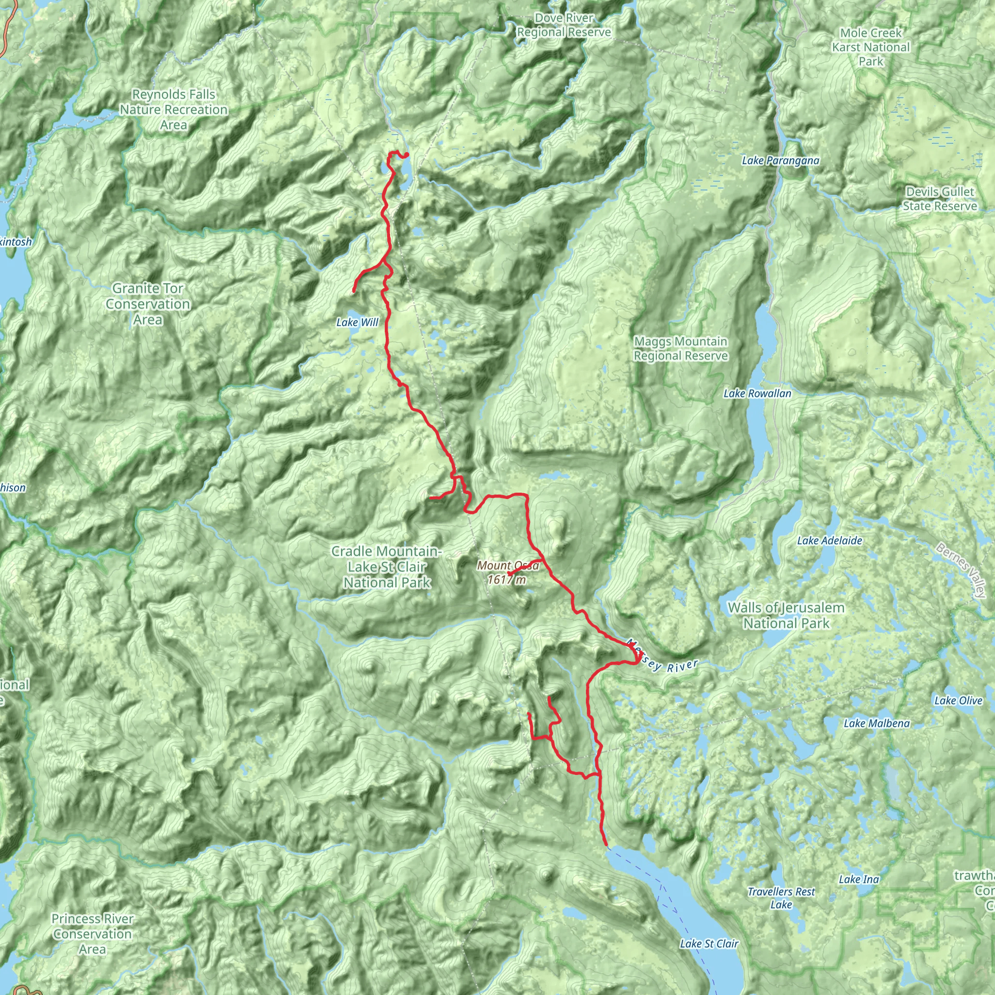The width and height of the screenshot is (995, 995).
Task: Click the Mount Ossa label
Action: coord(508,573)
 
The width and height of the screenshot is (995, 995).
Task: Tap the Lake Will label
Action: coord(357,323)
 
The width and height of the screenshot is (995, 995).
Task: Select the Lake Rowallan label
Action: coord(757,394)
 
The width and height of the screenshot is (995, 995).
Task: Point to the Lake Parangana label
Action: coord(780,161)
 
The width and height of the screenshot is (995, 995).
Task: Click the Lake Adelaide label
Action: coord(829,541)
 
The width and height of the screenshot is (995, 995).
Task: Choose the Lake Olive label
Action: coord(959,701)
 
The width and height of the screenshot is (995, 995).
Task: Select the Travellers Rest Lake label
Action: coord(781,898)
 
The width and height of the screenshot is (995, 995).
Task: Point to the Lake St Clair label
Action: coord(709,944)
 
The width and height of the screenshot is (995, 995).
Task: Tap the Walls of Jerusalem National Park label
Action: coord(786,616)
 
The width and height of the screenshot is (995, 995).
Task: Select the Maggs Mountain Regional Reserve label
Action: coord(680,349)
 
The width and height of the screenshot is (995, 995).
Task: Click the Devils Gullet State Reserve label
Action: coord(940,199)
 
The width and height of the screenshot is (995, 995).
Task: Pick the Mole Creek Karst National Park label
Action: coord(871,47)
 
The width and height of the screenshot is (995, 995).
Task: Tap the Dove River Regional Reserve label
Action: coord(564,25)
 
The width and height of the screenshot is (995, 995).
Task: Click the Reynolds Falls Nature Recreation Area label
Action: coord(173,110)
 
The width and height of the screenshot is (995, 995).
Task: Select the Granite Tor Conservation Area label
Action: coord(148,304)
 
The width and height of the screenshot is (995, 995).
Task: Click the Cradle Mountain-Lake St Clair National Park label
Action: coord(387,566)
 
